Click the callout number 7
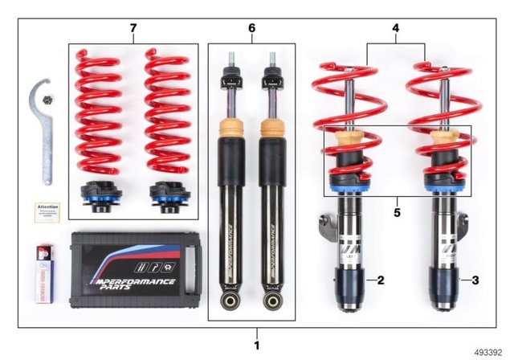[x=133, y=29]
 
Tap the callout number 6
[x=251, y=29]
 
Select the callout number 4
[x=395, y=29]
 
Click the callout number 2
[x=381, y=280]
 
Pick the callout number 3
[x=475, y=280]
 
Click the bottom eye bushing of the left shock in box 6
[x=231, y=302]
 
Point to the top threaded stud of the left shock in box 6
[x=231, y=60]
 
